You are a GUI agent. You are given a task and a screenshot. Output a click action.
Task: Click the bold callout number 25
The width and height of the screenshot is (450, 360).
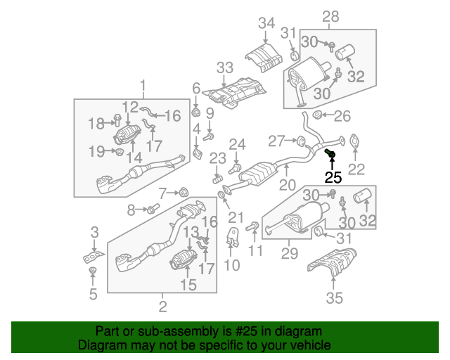click(333, 177)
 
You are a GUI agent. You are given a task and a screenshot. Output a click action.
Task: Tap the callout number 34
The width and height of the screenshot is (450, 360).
click(266, 24)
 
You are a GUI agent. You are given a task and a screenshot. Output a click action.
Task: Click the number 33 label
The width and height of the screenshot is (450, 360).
click(224, 68)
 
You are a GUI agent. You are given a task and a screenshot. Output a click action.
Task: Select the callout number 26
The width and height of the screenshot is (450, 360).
click(341, 116)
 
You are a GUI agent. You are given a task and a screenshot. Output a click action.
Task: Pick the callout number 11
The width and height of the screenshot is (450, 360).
click(256, 250)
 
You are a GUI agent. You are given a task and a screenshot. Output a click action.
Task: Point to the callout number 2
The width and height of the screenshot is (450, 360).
click(162, 306)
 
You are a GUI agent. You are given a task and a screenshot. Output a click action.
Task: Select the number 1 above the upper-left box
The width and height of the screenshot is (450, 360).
click(143, 87)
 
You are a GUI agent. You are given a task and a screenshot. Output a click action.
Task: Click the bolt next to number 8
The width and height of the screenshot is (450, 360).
click(152, 209)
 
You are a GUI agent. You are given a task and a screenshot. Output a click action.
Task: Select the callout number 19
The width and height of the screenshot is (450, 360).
click(97, 150)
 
